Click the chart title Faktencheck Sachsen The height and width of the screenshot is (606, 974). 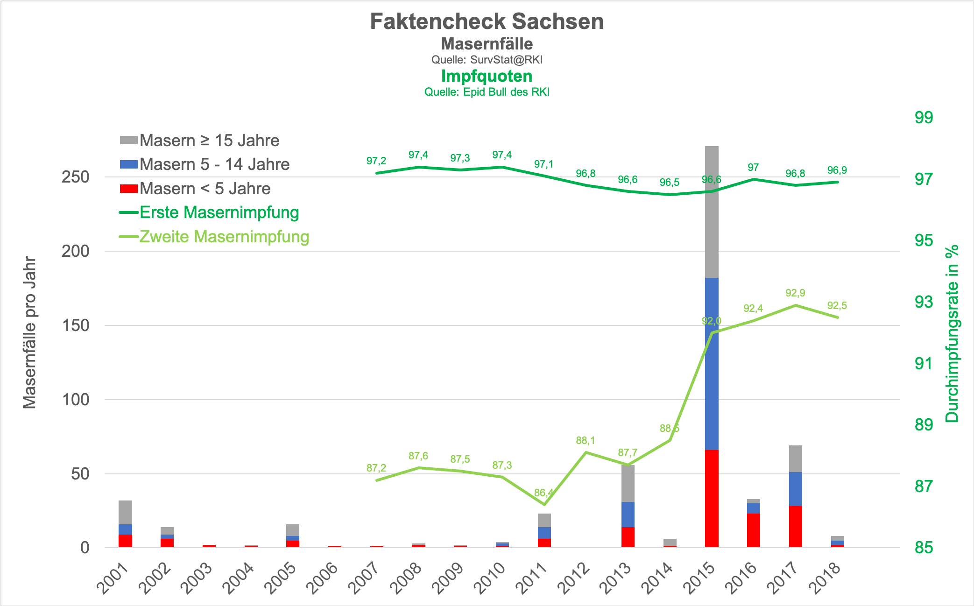487,21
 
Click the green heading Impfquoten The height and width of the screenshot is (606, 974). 487,76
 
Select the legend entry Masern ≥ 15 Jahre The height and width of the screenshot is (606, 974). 209,141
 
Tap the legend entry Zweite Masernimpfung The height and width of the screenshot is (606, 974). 224,237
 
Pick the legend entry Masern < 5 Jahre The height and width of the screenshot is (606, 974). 205,189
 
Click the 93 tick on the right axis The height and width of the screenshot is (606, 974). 924,302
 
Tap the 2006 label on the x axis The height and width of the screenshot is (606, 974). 325,578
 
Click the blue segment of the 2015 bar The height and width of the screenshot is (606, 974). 712,364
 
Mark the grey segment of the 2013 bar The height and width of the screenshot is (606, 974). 628,484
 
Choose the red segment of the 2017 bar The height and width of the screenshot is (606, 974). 795,527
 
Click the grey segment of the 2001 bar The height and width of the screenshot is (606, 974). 125,512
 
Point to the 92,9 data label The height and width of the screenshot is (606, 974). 795,293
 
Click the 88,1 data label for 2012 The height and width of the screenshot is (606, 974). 586,441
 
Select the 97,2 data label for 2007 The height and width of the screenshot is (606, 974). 376,161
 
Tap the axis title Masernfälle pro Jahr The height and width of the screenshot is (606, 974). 30,332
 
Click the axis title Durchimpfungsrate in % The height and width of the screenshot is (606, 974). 952,334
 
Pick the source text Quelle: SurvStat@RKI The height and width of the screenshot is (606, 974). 487,60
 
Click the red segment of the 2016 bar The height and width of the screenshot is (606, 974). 753,530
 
